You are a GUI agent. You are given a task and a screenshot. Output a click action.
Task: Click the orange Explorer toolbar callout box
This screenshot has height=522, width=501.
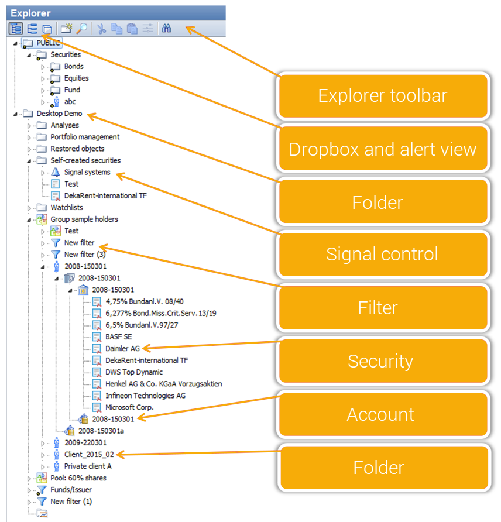383,95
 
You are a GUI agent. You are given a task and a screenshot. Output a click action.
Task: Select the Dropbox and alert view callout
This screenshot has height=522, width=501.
383,149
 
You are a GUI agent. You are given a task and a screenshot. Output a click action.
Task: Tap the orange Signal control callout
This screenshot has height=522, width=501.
383,254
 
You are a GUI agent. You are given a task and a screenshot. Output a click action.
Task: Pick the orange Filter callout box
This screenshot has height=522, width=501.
383,308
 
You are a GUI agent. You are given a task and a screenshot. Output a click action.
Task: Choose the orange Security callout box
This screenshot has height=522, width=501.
383,361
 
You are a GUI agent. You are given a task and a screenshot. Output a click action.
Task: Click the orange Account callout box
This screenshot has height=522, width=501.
383,414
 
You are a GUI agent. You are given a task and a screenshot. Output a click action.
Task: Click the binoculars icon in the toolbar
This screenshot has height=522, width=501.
166,29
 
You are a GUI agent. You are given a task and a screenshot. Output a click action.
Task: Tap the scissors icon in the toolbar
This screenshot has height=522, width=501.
101,29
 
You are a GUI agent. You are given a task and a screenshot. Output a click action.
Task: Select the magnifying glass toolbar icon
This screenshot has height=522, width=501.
81,29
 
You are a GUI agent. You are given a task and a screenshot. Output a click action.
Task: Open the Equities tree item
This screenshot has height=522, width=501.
76,78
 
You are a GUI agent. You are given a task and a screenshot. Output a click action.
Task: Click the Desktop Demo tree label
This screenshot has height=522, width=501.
59,114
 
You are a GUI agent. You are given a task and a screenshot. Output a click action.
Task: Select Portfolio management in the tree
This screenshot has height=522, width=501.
85,137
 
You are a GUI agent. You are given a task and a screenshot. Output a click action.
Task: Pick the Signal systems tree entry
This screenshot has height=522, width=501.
87,172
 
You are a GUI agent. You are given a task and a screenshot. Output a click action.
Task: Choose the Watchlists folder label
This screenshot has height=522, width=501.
66,207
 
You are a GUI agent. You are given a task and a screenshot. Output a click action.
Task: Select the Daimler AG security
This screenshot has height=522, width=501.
122,348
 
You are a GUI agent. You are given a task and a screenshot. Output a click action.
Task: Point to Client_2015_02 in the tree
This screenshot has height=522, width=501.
89,454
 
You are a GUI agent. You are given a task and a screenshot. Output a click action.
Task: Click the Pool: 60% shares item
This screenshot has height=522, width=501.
78,478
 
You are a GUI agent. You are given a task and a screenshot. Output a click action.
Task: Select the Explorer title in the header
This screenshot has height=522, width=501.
30,13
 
